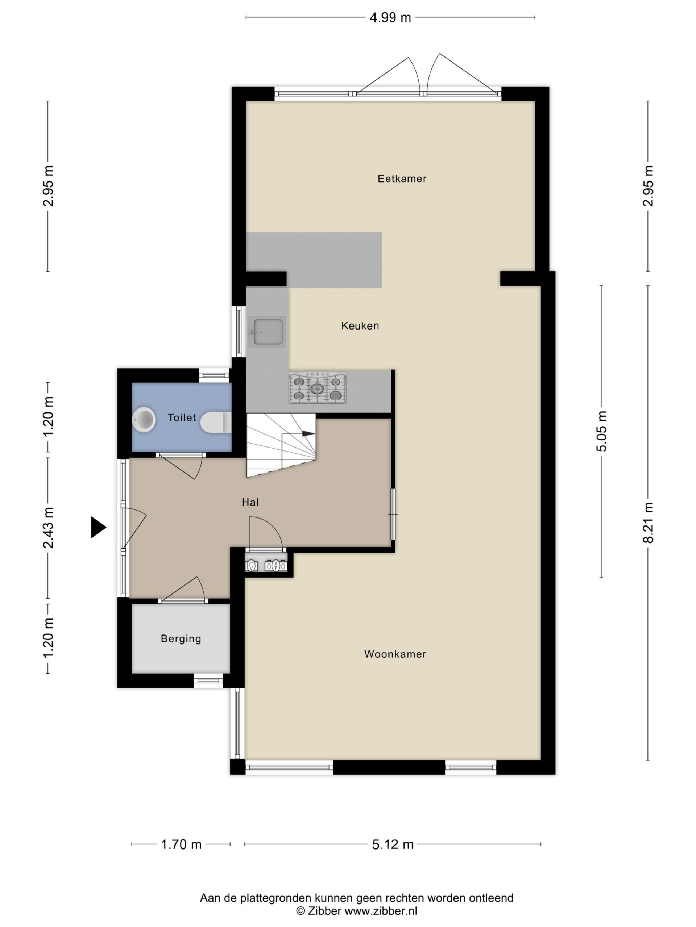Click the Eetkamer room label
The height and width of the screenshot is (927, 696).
click(x=402, y=179)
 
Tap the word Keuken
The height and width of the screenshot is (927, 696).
click(x=360, y=326)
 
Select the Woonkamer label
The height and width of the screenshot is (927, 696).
click(x=395, y=654)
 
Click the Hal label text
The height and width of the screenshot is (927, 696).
click(x=250, y=502)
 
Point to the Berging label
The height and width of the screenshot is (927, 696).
click(x=181, y=639)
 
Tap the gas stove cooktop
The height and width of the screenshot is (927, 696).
click(x=317, y=388)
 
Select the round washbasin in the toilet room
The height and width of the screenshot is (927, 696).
click(x=144, y=419)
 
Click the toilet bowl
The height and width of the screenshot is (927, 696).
click(x=216, y=422)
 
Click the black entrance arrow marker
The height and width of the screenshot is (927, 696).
click(x=98, y=527)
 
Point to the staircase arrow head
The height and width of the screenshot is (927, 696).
click(x=309, y=434)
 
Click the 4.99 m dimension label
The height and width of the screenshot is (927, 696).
click(x=390, y=18)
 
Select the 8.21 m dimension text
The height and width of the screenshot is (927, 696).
click(x=648, y=523)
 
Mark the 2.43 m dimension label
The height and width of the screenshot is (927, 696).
click(x=48, y=528)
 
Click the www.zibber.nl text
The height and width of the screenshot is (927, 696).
click(x=381, y=911)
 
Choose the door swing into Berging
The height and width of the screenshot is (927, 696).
click(x=185, y=589)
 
